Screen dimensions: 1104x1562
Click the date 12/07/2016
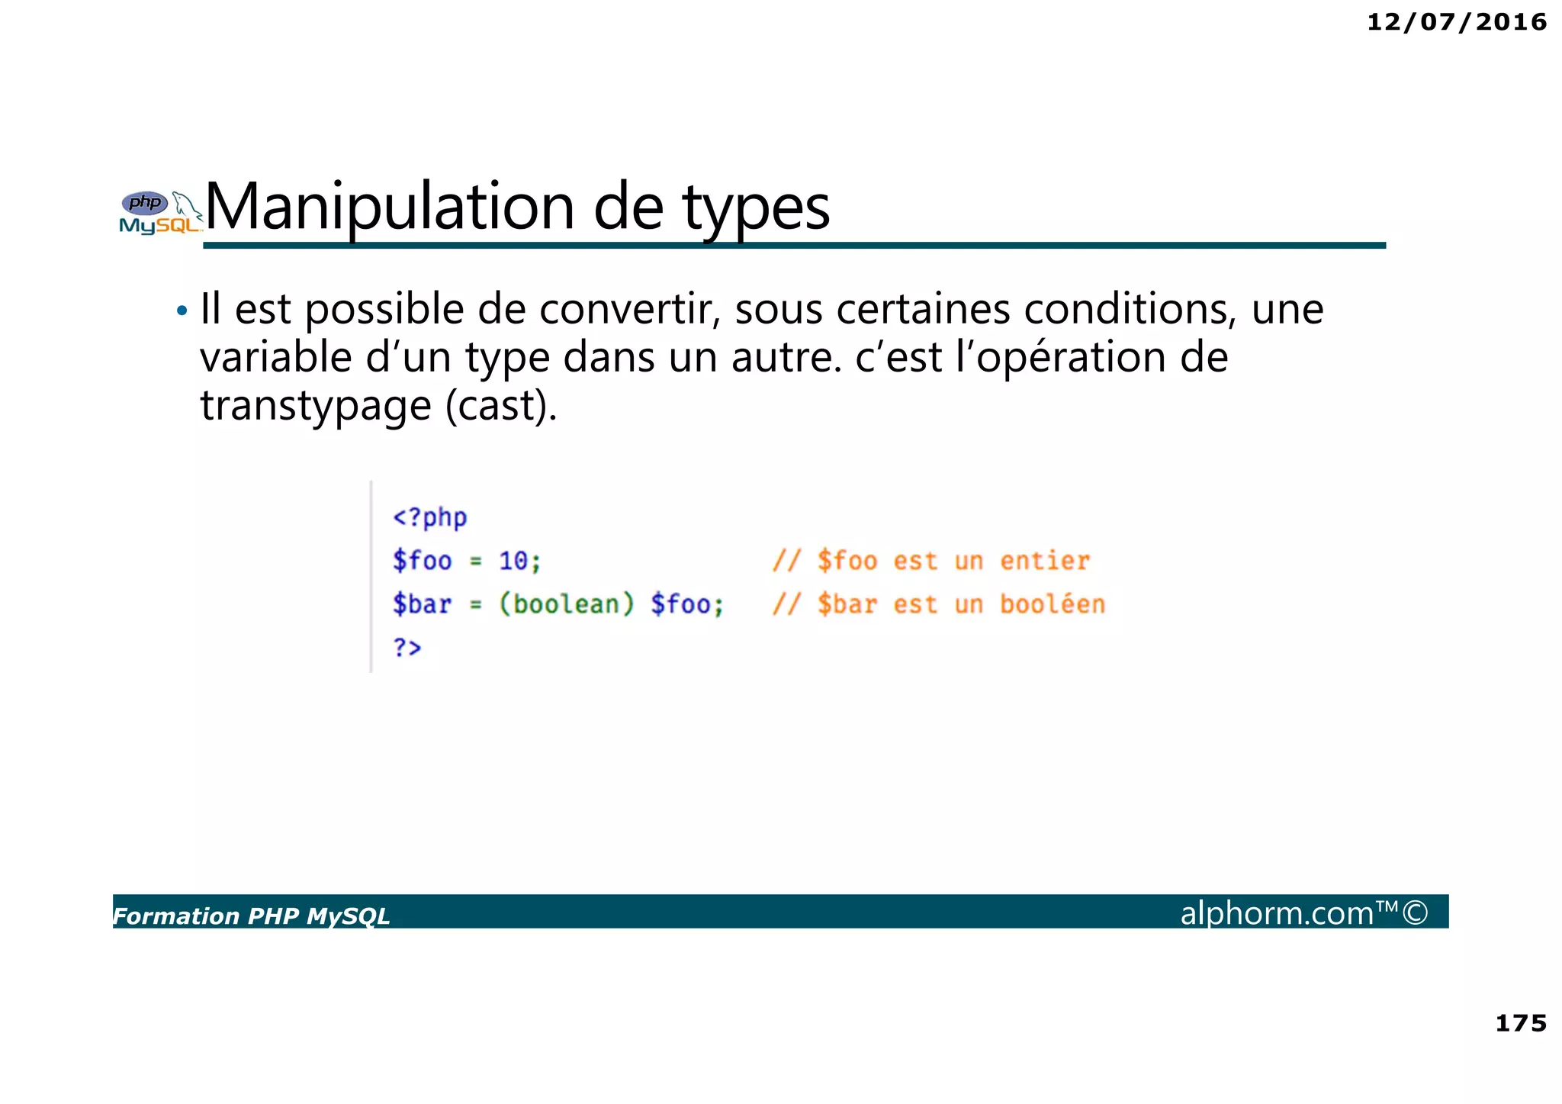1456,22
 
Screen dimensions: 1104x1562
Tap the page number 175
1520,1023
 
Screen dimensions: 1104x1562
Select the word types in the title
755,208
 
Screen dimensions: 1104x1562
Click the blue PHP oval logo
145,203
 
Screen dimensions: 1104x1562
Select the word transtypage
315,405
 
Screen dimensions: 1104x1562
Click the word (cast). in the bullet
501,405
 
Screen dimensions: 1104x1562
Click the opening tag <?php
429,517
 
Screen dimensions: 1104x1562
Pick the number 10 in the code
513,561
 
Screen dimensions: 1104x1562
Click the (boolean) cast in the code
566,604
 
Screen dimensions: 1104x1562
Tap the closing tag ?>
407,647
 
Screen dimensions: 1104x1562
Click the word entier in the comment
1044,561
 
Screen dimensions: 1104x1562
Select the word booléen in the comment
1052,604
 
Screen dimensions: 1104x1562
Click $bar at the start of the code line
422,604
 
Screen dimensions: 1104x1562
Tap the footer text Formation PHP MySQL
252,916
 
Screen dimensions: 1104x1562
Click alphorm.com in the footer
1277,913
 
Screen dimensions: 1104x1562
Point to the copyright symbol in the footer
1415,912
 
